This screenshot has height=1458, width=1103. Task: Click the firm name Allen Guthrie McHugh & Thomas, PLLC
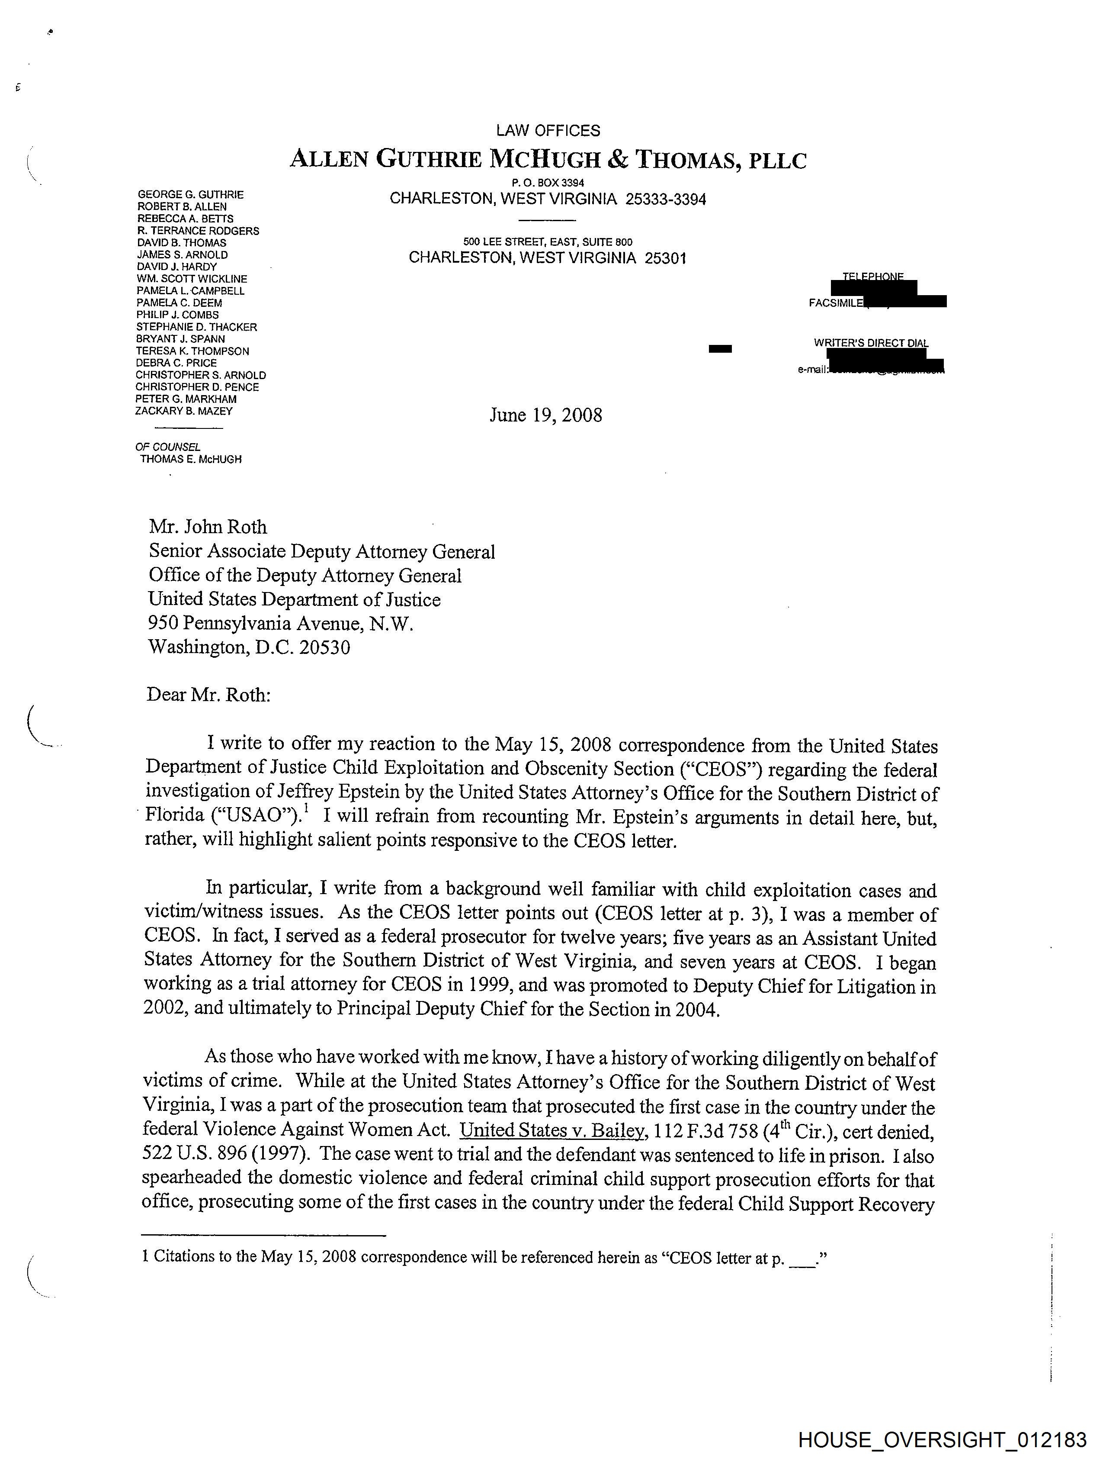click(x=548, y=160)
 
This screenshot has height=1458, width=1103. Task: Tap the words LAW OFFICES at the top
click(x=548, y=131)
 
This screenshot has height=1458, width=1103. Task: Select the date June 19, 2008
click(x=545, y=415)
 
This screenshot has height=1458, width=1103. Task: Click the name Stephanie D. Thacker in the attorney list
click(x=196, y=327)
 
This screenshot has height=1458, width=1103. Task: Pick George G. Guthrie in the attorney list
click(x=190, y=194)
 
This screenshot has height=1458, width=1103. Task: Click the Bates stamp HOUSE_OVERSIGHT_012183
click(x=942, y=1439)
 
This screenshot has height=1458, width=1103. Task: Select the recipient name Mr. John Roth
click(x=208, y=527)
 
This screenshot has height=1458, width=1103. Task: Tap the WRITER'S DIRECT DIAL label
click(x=871, y=343)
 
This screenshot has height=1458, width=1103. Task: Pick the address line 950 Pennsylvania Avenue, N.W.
click(x=281, y=624)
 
